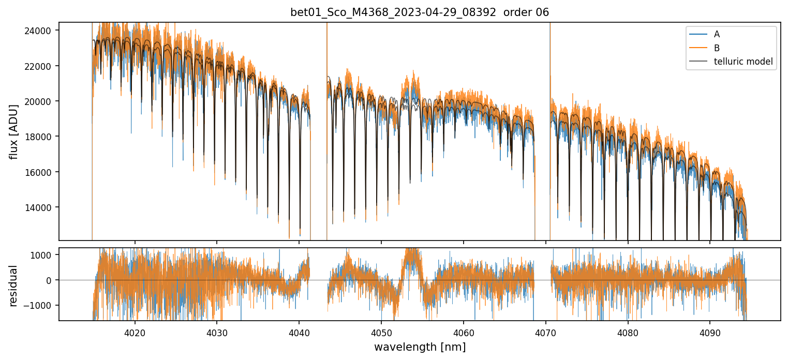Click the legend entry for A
[x=717, y=34]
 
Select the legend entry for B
[x=717, y=48]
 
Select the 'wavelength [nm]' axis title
[x=420, y=347]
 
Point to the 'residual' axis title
[x=13, y=286]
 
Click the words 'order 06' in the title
[x=531, y=12]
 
